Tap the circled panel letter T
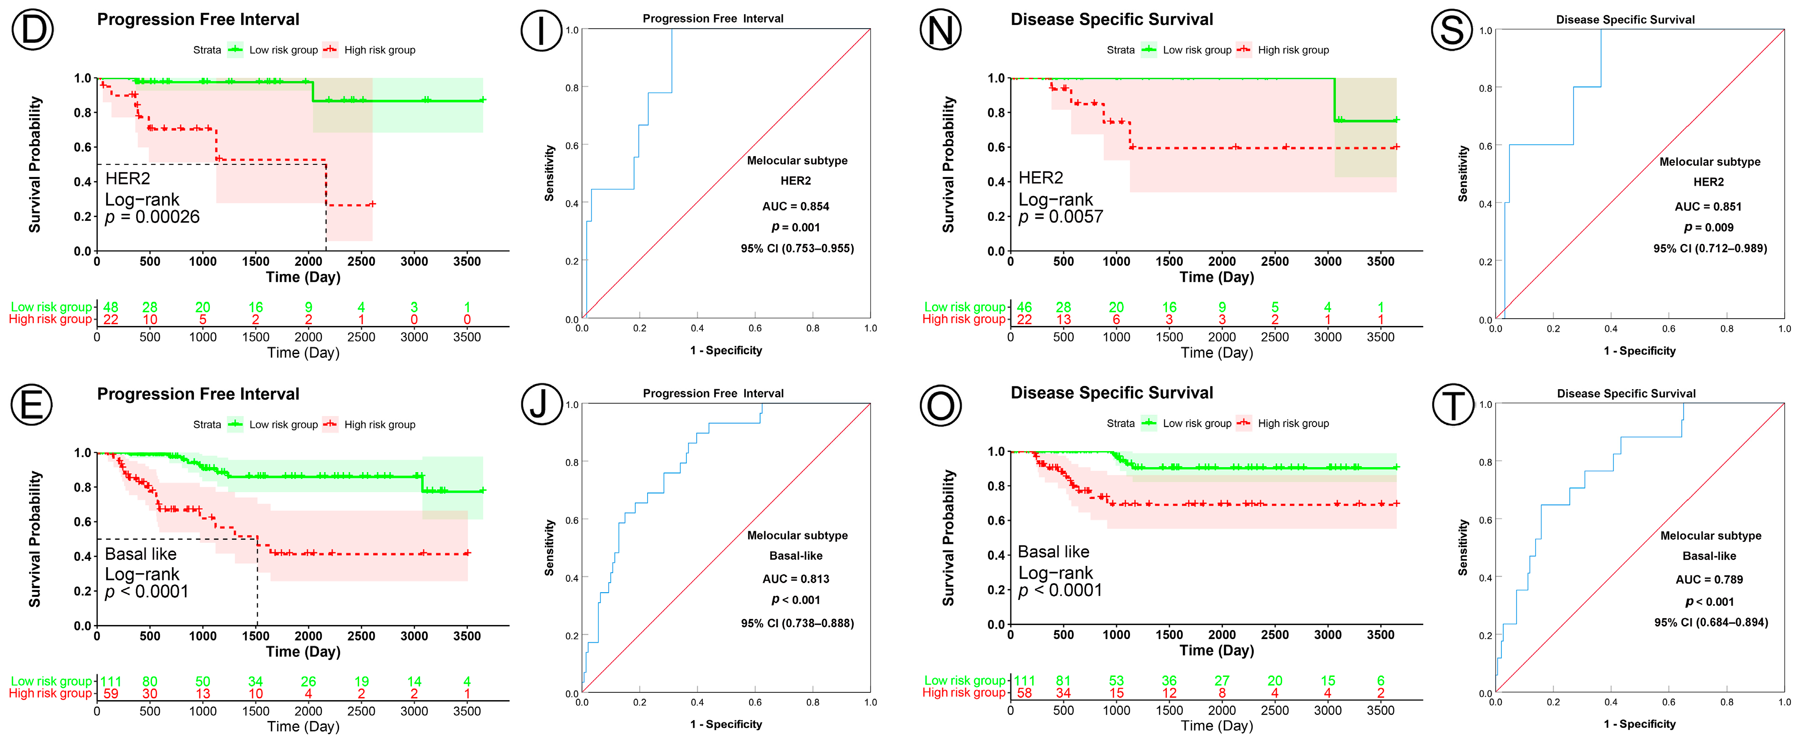[1453, 405]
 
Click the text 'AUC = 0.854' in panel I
[795, 206]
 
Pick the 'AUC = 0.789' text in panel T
[1709, 579]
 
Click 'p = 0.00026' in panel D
[152, 217]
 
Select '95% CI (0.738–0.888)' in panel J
[796, 623]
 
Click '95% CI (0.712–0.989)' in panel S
[1709, 248]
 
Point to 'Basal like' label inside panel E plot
[141, 554]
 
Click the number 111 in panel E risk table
[111, 681]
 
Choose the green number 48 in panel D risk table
[111, 307]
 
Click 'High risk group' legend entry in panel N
[1293, 50]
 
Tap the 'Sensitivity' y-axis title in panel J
[549, 547]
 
